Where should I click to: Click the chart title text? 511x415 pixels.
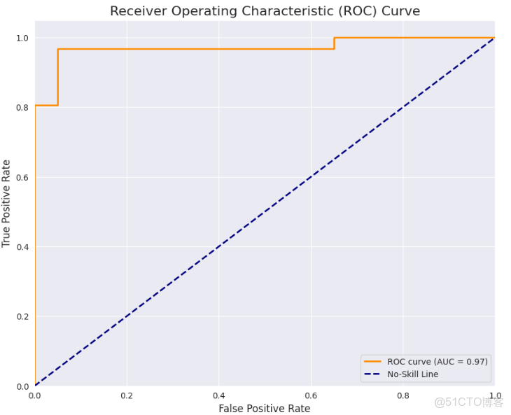[265, 11]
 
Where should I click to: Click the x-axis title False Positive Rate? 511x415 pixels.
[265, 408]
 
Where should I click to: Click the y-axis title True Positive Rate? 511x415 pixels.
[7, 203]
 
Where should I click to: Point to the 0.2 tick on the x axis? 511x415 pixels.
[127, 395]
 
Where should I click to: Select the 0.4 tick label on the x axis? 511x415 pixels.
[218, 395]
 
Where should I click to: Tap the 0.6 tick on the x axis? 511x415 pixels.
[311, 395]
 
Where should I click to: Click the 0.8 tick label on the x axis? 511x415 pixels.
[402, 395]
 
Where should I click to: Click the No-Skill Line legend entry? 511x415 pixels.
[412, 374]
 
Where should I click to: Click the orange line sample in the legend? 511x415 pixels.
[372, 361]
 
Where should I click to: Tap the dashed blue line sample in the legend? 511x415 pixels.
[372, 374]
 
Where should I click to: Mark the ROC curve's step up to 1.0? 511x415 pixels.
[334, 43]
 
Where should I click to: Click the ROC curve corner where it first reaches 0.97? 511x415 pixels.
[57, 49]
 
